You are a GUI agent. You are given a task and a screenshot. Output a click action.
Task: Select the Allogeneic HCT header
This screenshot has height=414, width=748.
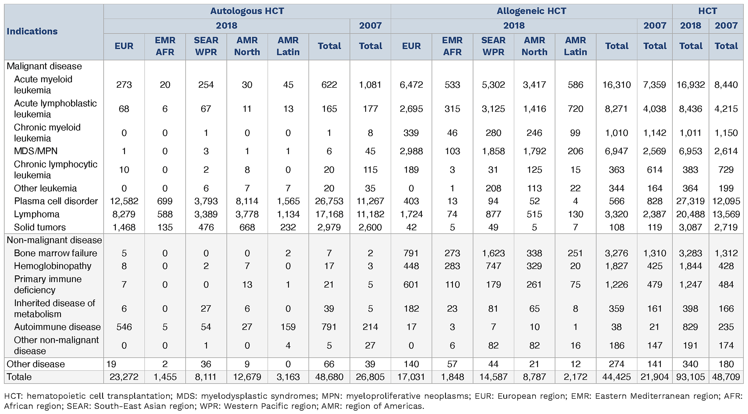click(x=531, y=11)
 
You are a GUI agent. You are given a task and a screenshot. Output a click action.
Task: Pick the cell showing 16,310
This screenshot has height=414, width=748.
click(x=616, y=85)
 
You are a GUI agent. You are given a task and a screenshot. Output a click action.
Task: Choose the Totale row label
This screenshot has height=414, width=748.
click(x=19, y=377)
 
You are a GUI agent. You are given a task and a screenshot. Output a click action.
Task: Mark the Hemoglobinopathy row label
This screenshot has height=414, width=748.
click(x=53, y=266)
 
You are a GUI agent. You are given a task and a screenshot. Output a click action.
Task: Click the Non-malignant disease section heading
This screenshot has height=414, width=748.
click(x=54, y=240)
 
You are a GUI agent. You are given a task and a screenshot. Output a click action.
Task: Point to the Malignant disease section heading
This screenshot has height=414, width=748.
click(x=44, y=66)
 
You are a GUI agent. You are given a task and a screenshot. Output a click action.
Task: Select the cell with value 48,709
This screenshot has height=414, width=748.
click(x=726, y=377)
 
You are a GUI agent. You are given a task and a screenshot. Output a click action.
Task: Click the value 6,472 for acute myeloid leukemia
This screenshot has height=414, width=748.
click(x=411, y=85)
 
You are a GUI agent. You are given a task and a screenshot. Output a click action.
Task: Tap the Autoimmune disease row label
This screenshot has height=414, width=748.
click(x=57, y=327)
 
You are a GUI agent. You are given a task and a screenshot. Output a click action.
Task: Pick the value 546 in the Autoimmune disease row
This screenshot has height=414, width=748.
click(x=124, y=327)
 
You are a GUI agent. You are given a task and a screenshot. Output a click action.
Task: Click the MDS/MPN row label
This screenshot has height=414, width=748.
click(x=36, y=151)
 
